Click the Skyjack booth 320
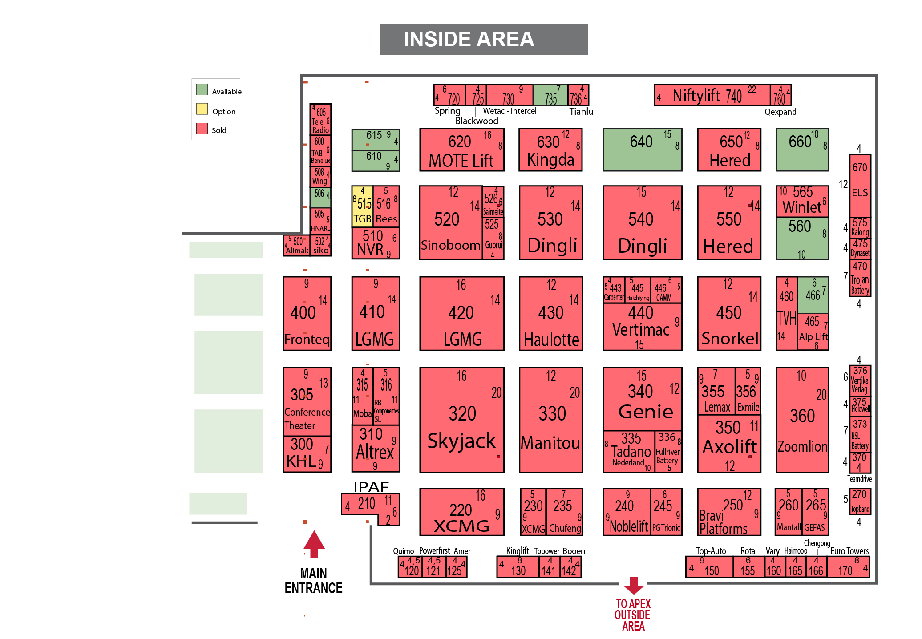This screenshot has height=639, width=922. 461,420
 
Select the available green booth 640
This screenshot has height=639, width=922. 642,150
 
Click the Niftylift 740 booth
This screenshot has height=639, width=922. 712,95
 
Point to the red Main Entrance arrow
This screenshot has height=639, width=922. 314,544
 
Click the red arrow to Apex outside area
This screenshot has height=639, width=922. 634,585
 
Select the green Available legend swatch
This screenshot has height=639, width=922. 202,89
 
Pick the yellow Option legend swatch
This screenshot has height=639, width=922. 202,109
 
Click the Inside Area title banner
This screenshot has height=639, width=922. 484,40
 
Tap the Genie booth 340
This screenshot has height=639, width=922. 642,398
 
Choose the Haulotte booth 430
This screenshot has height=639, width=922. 550,313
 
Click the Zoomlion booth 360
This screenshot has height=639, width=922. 802,420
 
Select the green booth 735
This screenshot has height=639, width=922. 550,95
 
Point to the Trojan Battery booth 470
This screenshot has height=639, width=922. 860,278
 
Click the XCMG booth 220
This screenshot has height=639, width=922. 461,512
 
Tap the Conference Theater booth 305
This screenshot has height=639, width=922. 307,401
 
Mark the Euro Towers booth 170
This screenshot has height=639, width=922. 848,567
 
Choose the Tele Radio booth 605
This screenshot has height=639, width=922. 320,119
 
